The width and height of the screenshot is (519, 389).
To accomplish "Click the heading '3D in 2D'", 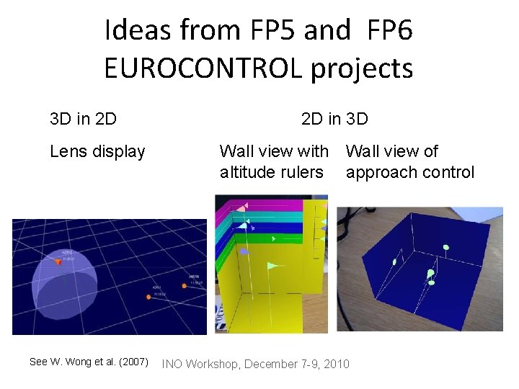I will (84, 117).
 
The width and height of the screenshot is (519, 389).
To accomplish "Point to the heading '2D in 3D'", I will (334, 117).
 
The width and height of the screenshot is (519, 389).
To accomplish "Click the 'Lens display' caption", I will (97, 151).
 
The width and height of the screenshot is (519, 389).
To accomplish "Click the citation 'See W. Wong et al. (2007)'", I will (89, 362).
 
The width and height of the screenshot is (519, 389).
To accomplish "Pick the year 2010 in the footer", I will (336, 364).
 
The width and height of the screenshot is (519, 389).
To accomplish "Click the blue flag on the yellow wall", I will (244, 251).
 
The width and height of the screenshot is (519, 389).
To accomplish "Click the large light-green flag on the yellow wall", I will (272, 267).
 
